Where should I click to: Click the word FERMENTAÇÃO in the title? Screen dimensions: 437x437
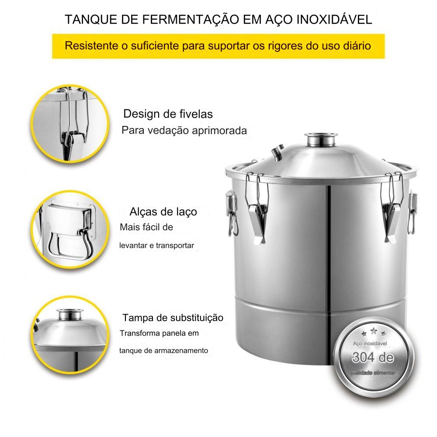pos(191,20)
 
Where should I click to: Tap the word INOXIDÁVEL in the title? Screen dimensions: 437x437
pos(334,20)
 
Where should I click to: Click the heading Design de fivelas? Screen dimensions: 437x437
pos(168,114)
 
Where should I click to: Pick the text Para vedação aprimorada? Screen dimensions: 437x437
pos(184,130)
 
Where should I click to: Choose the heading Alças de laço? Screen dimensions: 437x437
pos(163,212)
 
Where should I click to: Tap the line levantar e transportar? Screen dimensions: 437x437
pos(156,246)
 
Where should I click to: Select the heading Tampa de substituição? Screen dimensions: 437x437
pos(173,317)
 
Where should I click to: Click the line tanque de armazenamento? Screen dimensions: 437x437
pos(163,350)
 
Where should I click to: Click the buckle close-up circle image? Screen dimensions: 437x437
pos(70,124)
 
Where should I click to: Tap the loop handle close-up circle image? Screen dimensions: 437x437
pos(70,229)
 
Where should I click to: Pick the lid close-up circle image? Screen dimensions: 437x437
pos(70,335)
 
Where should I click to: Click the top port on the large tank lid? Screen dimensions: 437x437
pos(321,139)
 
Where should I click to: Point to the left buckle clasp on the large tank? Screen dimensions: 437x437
pos(257,209)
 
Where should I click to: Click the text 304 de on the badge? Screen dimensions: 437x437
pos(373,357)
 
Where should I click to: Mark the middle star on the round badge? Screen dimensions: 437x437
pos(374,331)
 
